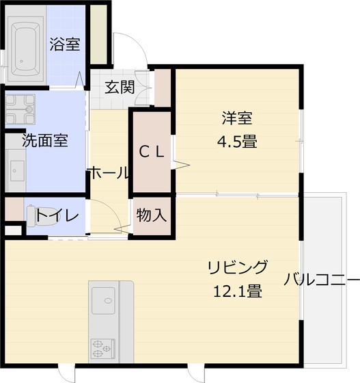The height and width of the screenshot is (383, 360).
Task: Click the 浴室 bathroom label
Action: click(x=65, y=45)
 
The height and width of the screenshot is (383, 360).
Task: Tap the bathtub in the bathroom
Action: click(x=27, y=46)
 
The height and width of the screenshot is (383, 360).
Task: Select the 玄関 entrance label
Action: click(x=119, y=87)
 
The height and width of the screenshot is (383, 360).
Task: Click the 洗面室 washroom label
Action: click(x=44, y=142)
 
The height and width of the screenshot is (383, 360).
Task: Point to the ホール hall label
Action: click(x=107, y=173)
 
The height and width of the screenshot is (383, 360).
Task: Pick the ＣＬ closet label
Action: click(x=151, y=153)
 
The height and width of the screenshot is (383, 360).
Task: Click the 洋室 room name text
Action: click(x=237, y=118)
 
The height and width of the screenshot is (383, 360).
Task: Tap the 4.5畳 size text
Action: click(x=237, y=142)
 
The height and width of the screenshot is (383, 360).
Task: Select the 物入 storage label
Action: click(x=151, y=215)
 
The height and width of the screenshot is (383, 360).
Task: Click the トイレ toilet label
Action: click(x=58, y=217)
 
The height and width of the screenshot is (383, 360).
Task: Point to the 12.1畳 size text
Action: click(x=237, y=291)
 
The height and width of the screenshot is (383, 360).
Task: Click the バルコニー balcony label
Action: click(x=321, y=279)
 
